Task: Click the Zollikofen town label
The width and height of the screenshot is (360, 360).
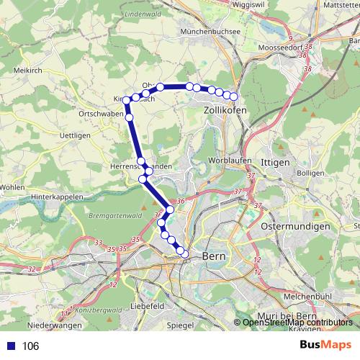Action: pyautogui.click(x=225, y=110)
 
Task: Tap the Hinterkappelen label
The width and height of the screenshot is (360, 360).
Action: pyautogui.click(x=58, y=196)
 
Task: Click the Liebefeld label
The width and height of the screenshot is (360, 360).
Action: pyautogui.click(x=148, y=306)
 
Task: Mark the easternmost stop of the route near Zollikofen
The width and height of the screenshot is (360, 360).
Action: pyautogui.click(x=233, y=97)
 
